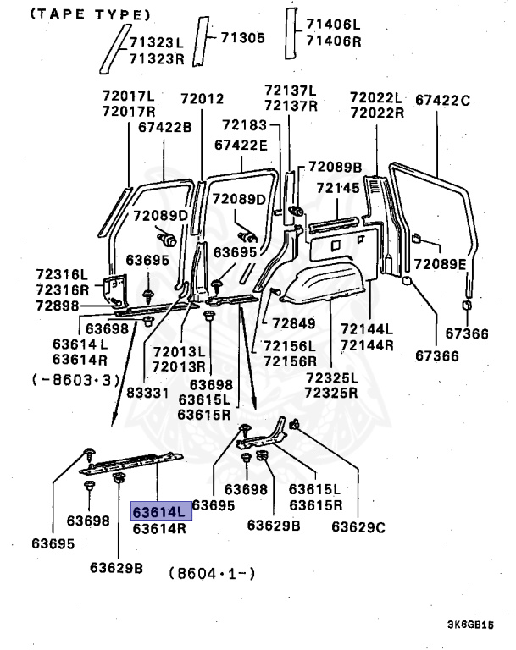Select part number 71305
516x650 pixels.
tap(243, 37)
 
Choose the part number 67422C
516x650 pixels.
tap(443, 102)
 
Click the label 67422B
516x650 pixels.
tap(164, 128)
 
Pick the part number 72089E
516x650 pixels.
tap(441, 263)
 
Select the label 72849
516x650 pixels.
tap(293, 322)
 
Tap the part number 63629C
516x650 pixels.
tap(358, 526)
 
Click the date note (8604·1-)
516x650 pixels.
tap(213, 573)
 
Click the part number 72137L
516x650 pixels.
tap(290, 91)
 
